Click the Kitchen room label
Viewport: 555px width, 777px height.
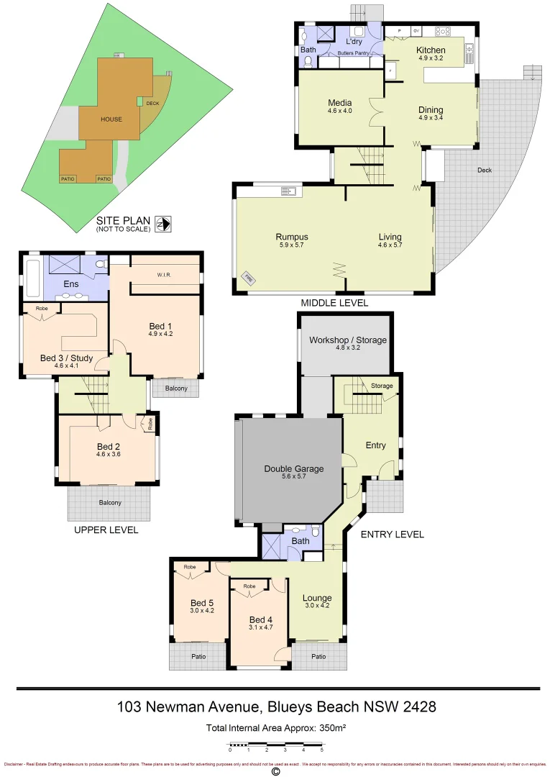click(431, 50)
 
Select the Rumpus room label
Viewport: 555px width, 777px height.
click(291, 237)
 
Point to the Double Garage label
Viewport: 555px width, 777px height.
click(293, 469)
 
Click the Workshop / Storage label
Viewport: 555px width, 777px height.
click(348, 340)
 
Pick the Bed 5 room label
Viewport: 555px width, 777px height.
click(202, 603)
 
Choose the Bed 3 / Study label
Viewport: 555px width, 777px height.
click(65, 358)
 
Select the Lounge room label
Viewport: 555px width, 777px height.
click(317, 598)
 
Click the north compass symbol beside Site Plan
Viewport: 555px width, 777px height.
click(164, 224)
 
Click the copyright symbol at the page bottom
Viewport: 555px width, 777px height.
click(275, 771)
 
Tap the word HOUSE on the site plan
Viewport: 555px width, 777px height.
click(111, 119)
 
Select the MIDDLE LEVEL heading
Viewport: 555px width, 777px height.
click(334, 303)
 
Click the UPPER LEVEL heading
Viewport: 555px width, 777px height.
click(106, 530)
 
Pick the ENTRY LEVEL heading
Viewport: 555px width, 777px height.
click(392, 535)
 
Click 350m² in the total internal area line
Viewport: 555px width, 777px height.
click(330, 728)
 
